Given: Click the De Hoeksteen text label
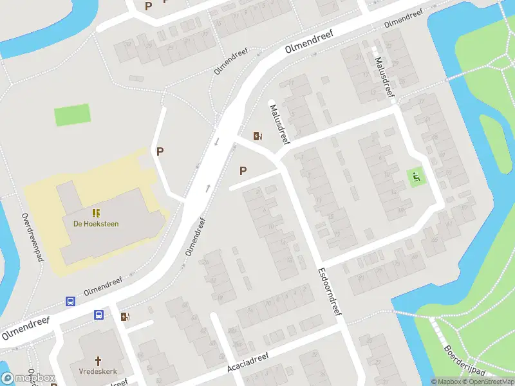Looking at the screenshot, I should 95,224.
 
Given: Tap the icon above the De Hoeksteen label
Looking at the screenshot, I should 95,212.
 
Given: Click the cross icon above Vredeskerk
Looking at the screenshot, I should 98,362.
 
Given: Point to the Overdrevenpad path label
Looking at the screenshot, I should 32,237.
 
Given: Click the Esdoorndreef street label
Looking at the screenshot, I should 328,295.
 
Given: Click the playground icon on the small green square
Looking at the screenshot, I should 416,176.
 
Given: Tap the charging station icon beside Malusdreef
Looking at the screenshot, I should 257,136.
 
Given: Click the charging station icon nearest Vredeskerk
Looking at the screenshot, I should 124,317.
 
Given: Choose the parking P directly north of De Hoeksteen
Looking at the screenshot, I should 160,152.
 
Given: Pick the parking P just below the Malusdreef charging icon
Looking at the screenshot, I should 243,170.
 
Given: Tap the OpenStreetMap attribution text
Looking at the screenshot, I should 489,381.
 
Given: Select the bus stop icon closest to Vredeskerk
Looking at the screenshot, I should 98,315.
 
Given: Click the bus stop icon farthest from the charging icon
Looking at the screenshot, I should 70,302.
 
